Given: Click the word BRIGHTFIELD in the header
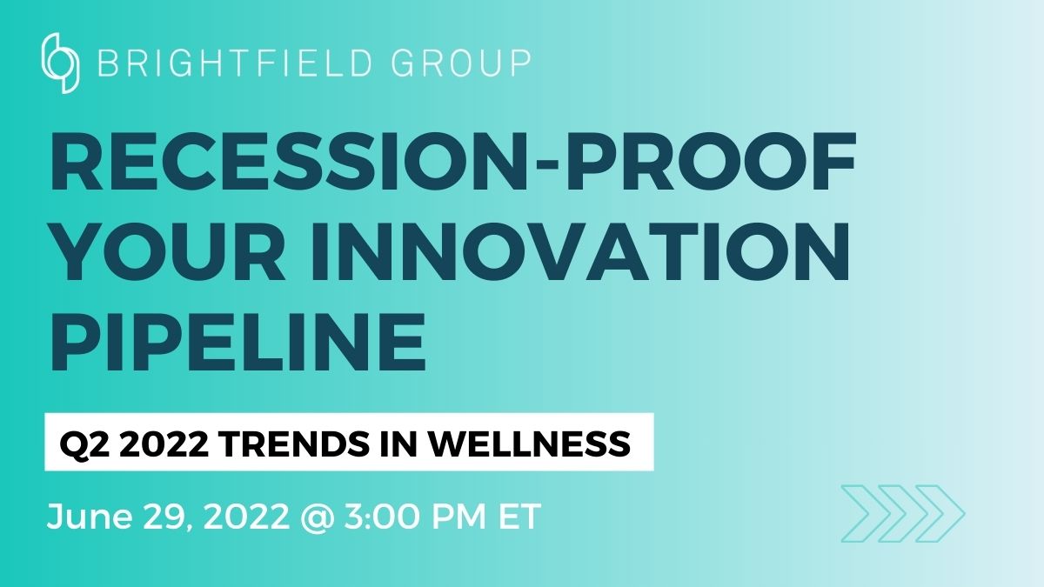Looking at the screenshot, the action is point(235,63).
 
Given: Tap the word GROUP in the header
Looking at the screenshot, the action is point(461,63).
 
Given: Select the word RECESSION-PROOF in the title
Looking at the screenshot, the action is point(452,162).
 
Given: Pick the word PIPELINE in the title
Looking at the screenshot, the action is point(238,342).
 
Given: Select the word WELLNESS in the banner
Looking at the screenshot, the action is point(530,444).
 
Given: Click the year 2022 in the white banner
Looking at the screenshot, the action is point(164,444).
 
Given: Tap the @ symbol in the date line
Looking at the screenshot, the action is point(318,517).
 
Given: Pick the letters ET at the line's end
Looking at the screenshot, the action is point(519,517).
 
